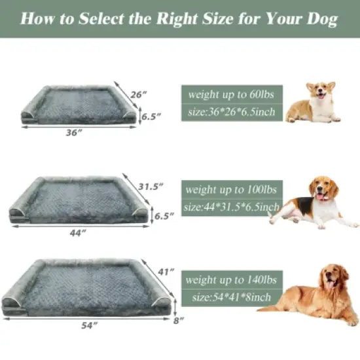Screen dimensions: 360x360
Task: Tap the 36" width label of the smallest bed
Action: tap(74, 132)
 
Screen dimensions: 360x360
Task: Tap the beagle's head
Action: tap(323, 188)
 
